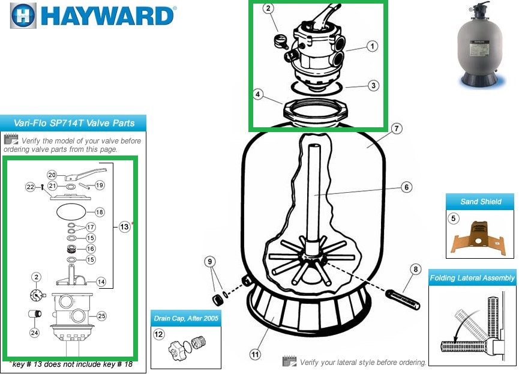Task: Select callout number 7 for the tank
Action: point(395,128)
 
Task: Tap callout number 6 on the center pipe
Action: point(406,187)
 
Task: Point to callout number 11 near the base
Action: point(256,355)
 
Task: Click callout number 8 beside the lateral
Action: point(415,270)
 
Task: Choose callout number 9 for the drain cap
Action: point(209,261)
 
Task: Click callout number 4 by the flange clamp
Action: point(258,94)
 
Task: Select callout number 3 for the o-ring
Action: point(373,85)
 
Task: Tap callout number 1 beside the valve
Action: point(373,46)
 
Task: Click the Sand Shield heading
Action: point(480,202)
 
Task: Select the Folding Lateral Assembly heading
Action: point(472,278)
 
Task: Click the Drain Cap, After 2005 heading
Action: point(186,318)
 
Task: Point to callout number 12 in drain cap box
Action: point(158,334)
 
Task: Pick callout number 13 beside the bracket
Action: point(124,227)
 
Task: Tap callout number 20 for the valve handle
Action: point(52,175)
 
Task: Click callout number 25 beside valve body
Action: point(101,316)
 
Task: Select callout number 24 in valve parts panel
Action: point(34,333)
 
